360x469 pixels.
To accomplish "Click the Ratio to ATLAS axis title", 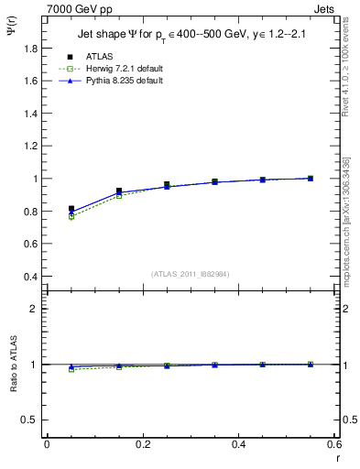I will pos(11,391).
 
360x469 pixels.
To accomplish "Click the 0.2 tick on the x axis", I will pos(143,445).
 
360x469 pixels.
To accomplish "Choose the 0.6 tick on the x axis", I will pos(333,445).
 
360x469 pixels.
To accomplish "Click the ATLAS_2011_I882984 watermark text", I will pos(190,274).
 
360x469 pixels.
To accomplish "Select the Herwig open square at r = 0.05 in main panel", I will pos(71,216).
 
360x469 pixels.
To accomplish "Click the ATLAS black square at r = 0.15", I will pos(119,191).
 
